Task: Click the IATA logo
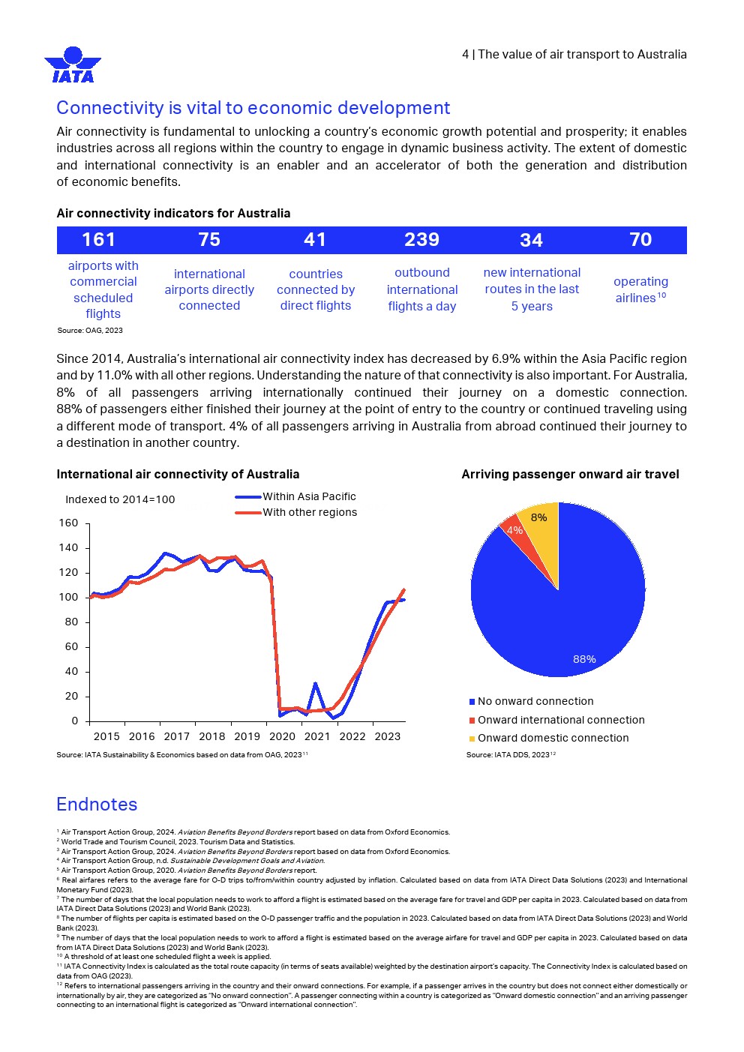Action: pos(73,65)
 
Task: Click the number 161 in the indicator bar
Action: pos(98,240)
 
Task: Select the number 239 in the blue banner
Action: pos(421,240)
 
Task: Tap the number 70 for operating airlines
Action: pos(640,240)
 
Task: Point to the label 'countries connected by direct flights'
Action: pos(316,289)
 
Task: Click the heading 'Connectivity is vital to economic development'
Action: pos(253,108)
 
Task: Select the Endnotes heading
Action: pos(97,805)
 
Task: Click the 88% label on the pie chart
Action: pos(584,659)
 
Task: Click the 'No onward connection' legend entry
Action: pos(535,702)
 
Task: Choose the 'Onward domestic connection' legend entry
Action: pos(553,738)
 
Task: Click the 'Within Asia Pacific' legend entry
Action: pos(309,496)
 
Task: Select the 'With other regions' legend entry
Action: pos(309,513)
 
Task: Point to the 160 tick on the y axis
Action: pos(68,523)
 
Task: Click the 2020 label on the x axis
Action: pos(282,736)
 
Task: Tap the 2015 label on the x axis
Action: pos(106,736)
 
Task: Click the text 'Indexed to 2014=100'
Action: pos(120,499)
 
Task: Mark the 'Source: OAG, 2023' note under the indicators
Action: pos(90,331)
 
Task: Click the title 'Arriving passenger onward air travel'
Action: pos(570,475)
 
